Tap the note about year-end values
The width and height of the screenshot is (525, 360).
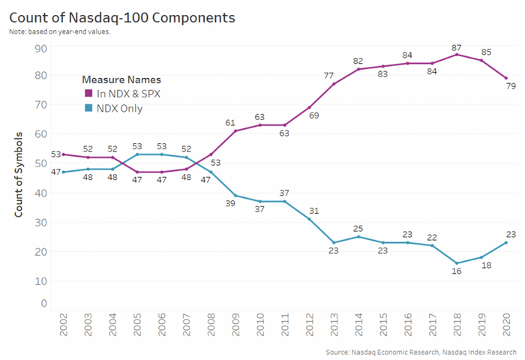click(x=60, y=31)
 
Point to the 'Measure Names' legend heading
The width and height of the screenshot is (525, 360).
click(x=121, y=79)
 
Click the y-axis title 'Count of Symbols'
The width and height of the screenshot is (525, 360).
click(x=19, y=174)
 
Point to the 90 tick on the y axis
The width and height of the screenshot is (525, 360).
click(x=41, y=49)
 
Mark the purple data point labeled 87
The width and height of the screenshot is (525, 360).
click(x=457, y=54)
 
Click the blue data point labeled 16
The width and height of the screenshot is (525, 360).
click(x=457, y=263)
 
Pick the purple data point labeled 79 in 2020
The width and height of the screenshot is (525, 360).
click(x=505, y=78)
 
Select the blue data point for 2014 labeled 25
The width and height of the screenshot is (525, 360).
click(x=358, y=236)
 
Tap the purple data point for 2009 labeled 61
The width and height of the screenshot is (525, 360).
click(x=235, y=130)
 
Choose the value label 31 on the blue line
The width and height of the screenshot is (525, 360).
click(x=314, y=210)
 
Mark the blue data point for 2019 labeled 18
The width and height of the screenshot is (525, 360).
click(x=481, y=257)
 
